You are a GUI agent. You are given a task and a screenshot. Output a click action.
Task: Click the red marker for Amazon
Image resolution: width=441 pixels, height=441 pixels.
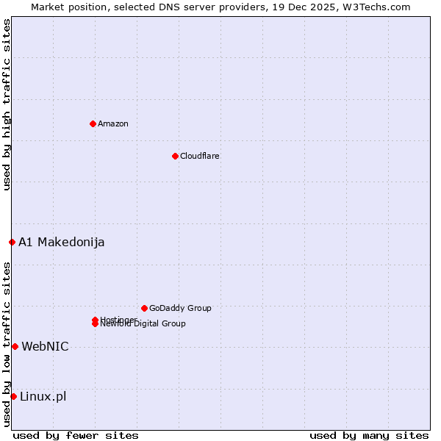tap(93, 123)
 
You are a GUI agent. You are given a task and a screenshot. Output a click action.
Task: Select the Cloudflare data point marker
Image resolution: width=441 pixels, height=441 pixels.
tap(175, 156)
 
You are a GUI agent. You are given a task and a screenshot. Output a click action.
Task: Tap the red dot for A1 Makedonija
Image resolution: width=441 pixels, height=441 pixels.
tap(12, 242)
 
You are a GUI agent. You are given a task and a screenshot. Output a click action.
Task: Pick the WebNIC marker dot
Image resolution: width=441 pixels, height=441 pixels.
tap(15, 346)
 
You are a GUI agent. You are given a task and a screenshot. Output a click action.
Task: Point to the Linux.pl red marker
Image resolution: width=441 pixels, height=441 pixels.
tap(13, 396)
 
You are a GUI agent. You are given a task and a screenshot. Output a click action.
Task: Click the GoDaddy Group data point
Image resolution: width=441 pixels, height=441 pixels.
tap(144, 308)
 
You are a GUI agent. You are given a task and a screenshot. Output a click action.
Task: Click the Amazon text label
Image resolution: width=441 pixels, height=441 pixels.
tap(112, 123)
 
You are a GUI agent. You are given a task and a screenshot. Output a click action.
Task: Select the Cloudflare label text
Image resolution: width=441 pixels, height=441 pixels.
tap(199, 156)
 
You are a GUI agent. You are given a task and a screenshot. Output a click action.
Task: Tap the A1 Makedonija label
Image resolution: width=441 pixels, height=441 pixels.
tap(62, 242)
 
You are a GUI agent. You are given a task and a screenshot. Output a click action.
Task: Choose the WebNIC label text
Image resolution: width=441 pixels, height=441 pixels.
tap(45, 346)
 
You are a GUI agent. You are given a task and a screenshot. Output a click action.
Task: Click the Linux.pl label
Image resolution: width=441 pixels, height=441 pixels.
tap(43, 396)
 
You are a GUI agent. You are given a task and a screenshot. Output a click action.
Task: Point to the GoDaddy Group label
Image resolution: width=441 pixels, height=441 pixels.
tap(180, 308)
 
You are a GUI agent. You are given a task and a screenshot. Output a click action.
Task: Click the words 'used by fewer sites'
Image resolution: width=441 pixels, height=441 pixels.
tap(76, 435)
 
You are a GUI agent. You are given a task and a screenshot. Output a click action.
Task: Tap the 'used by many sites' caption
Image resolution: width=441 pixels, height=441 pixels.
tap(369, 435)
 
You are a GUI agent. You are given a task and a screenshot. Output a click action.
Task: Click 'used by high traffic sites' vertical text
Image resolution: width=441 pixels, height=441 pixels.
tap(7, 104)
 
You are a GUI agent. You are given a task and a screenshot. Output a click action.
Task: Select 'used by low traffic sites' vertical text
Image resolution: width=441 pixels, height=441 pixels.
tap(7, 343)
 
